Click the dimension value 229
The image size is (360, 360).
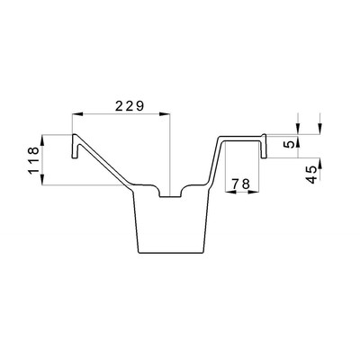tap(130, 106)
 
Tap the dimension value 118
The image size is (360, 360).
tap(33, 160)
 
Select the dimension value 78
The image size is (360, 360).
tap(242, 184)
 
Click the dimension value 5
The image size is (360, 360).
tap(290, 144)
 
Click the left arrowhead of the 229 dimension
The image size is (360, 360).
tap(77, 114)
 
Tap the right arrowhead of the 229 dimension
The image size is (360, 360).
tap(165, 114)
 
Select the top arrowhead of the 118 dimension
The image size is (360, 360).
tap(42, 140)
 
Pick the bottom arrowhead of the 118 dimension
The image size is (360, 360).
tap(42, 179)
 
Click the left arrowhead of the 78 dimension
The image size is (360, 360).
tap(230, 192)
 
